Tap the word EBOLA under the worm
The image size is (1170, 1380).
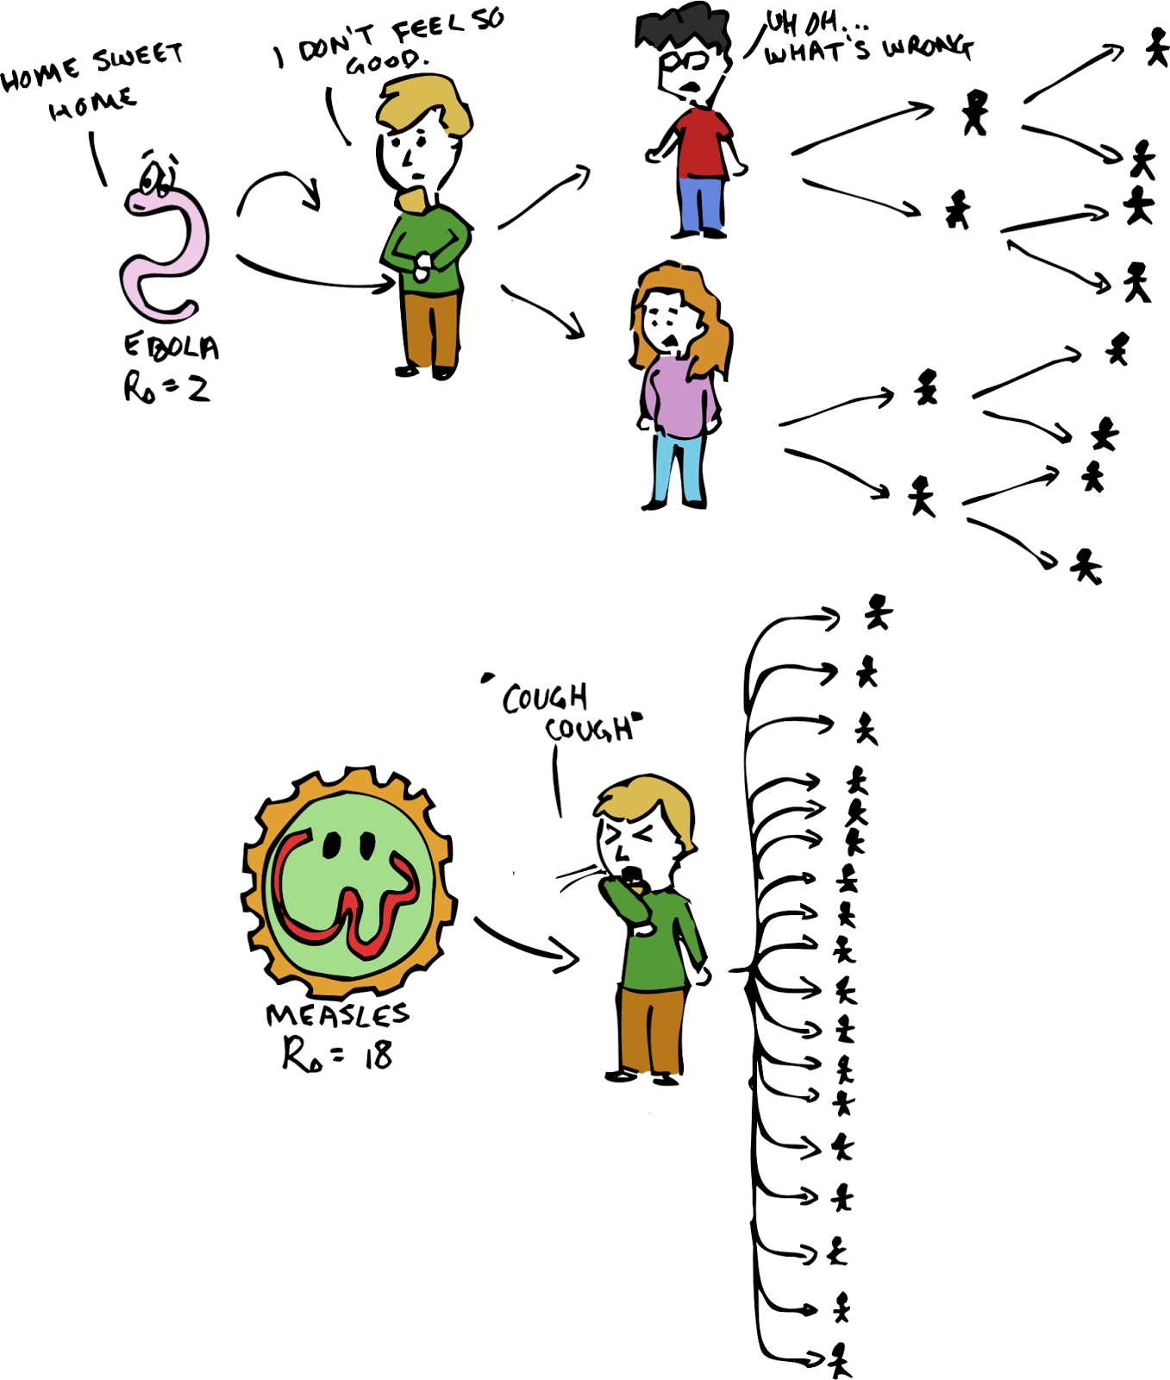(171, 347)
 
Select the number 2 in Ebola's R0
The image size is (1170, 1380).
(198, 389)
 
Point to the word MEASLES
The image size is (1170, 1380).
(337, 1015)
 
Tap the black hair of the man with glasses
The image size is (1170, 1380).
(681, 26)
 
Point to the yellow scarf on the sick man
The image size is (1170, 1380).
(411, 200)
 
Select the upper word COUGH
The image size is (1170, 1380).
(545, 698)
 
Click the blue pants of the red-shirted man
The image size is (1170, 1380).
(700, 204)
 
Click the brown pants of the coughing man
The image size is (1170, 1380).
(651, 1031)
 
